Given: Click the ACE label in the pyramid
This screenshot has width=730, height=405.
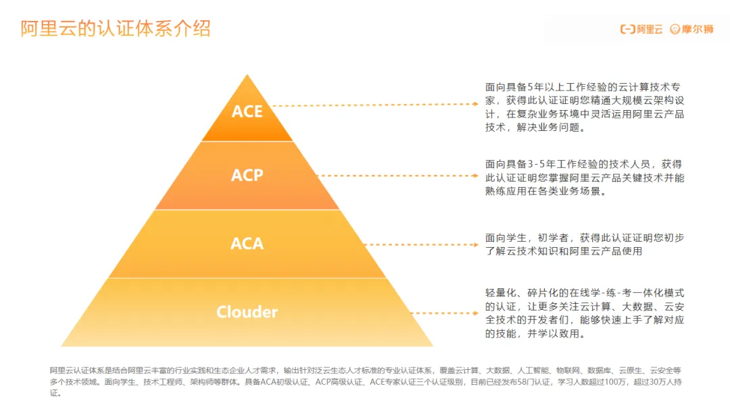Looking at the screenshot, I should (x=247, y=111).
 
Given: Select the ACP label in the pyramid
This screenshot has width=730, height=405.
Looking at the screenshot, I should (x=247, y=175).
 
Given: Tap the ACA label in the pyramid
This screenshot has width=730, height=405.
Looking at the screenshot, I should (x=247, y=243).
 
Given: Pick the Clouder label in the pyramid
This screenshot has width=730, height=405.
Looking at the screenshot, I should (x=247, y=312).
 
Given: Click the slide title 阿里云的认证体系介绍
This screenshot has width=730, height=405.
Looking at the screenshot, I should (x=115, y=28).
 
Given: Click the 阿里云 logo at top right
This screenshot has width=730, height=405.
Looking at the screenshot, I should (x=641, y=29).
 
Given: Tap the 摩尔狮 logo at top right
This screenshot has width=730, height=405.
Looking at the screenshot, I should (x=691, y=29).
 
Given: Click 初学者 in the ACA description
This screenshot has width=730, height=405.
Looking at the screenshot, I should (x=555, y=238).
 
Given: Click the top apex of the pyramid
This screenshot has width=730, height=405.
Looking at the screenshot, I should (x=247, y=75).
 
